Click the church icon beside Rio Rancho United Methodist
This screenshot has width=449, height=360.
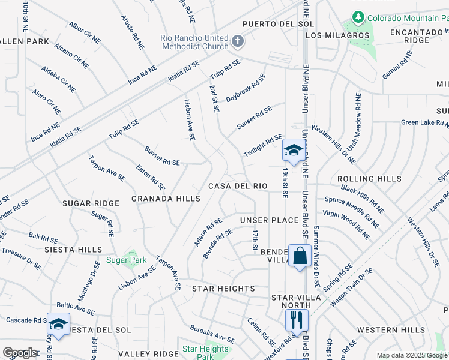click(x=238, y=41)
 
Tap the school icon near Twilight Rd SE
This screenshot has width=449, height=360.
click(x=292, y=151)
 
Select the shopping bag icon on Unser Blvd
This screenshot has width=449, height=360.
click(x=300, y=256)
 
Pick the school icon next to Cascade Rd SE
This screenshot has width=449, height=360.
click(x=58, y=325)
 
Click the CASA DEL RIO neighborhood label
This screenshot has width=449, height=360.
click(x=238, y=186)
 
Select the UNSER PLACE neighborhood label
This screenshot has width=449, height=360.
click(x=270, y=220)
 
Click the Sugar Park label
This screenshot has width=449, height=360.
click(x=126, y=260)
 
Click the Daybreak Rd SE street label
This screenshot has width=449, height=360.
click(x=246, y=88)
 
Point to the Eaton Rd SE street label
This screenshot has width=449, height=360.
click(x=151, y=178)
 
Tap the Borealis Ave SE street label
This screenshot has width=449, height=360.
click(x=212, y=335)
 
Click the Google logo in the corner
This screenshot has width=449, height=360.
click(x=20, y=353)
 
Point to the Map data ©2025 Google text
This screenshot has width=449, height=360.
click(x=412, y=355)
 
